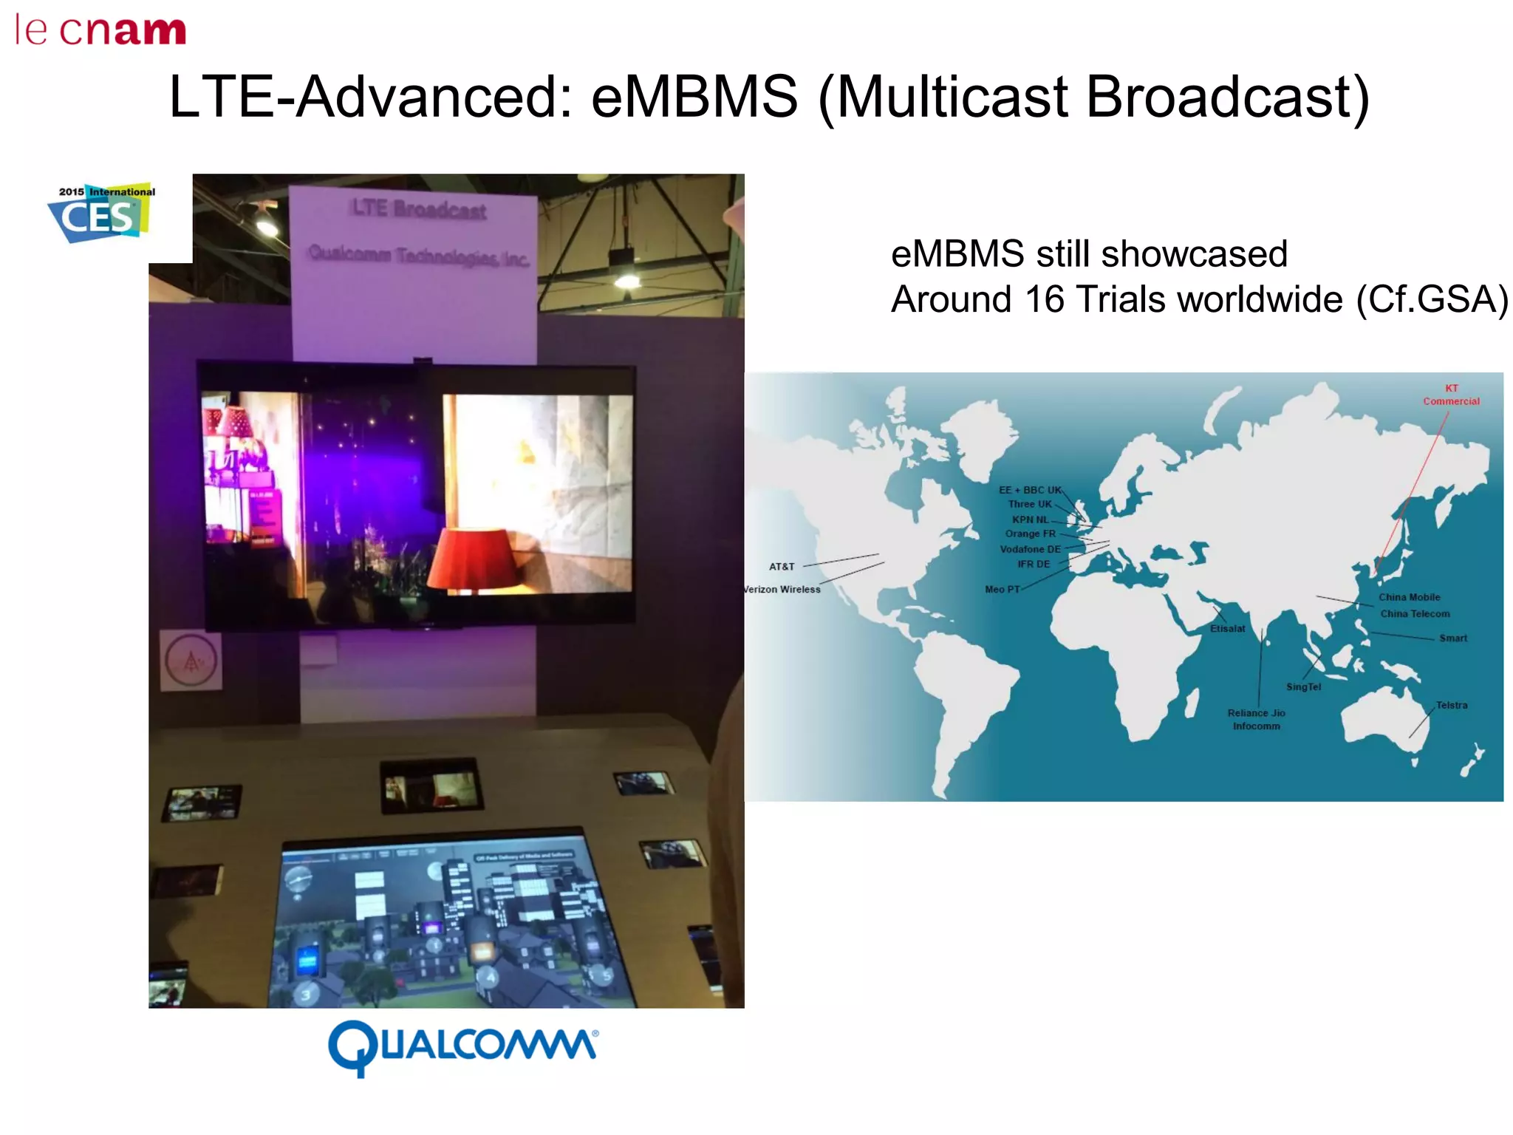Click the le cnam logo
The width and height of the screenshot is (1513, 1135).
point(100,31)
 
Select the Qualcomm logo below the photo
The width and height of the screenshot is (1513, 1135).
point(463,1046)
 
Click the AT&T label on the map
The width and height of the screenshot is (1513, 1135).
point(782,567)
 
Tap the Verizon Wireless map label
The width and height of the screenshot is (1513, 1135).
point(782,589)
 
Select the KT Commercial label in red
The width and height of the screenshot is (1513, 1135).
point(1451,395)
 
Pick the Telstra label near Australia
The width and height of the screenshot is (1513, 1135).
point(1451,705)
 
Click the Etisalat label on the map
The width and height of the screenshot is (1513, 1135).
point(1227,629)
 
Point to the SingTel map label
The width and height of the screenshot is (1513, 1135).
point(1303,687)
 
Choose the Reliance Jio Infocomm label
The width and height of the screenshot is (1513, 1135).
point(1256,719)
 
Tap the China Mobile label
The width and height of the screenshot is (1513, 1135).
point(1409,597)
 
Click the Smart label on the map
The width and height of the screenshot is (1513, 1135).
point(1452,638)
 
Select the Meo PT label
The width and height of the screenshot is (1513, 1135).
point(1002,589)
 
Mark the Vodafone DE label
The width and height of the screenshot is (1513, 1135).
point(1030,549)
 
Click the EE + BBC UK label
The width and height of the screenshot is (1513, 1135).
point(1030,490)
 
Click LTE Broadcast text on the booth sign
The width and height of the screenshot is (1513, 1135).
point(418,209)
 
